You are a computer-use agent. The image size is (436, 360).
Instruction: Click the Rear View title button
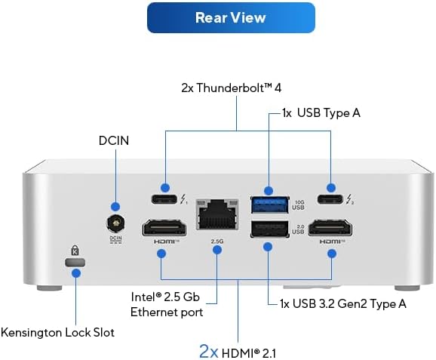[x=231, y=17]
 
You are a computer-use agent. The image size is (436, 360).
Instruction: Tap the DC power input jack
[x=116, y=223]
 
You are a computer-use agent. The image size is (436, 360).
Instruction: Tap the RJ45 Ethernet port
[x=216, y=217]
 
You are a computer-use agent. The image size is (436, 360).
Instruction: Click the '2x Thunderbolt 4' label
[x=237, y=88]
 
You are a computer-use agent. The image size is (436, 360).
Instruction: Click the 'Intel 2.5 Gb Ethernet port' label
[x=167, y=304]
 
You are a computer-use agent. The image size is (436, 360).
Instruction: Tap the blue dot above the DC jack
[x=115, y=206]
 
